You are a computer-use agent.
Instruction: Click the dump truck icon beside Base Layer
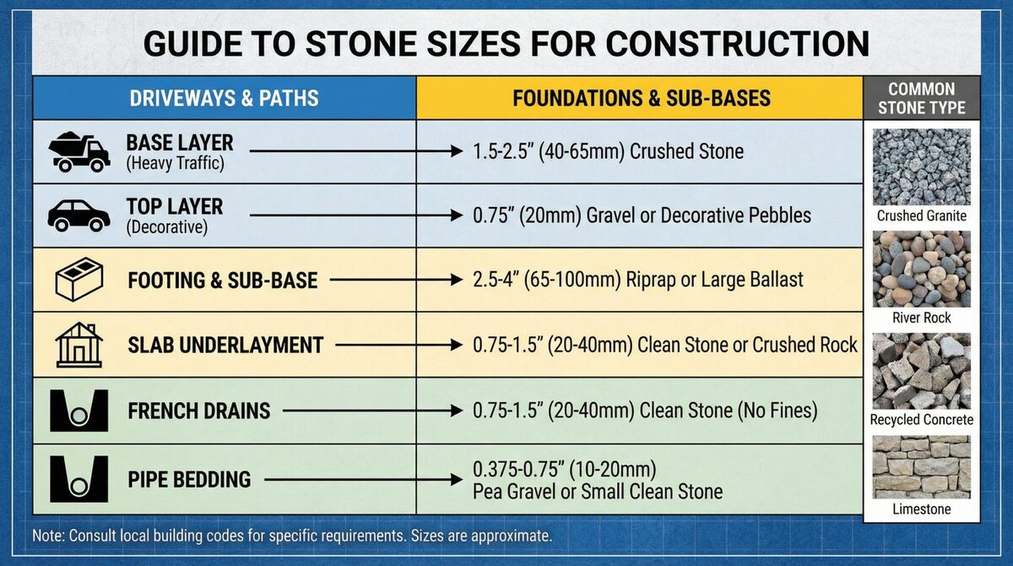click(79, 152)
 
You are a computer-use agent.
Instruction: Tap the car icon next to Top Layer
click(79, 215)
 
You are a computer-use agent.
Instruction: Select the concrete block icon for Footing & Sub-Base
click(79, 280)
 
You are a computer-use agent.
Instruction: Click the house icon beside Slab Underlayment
click(79, 344)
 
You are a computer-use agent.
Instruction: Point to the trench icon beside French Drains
click(79, 411)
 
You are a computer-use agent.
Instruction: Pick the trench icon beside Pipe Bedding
click(79, 479)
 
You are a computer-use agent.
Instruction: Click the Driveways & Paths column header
click(224, 98)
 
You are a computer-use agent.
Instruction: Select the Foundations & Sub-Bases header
click(641, 98)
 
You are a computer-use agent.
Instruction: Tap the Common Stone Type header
click(921, 98)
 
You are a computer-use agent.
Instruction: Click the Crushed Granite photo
click(921, 166)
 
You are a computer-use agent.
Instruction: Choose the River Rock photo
click(921, 269)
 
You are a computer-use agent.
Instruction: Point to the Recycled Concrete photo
click(921, 371)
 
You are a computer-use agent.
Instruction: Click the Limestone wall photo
click(921, 467)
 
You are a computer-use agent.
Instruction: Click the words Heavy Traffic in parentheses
click(176, 164)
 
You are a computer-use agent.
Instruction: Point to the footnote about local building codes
click(291, 536)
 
